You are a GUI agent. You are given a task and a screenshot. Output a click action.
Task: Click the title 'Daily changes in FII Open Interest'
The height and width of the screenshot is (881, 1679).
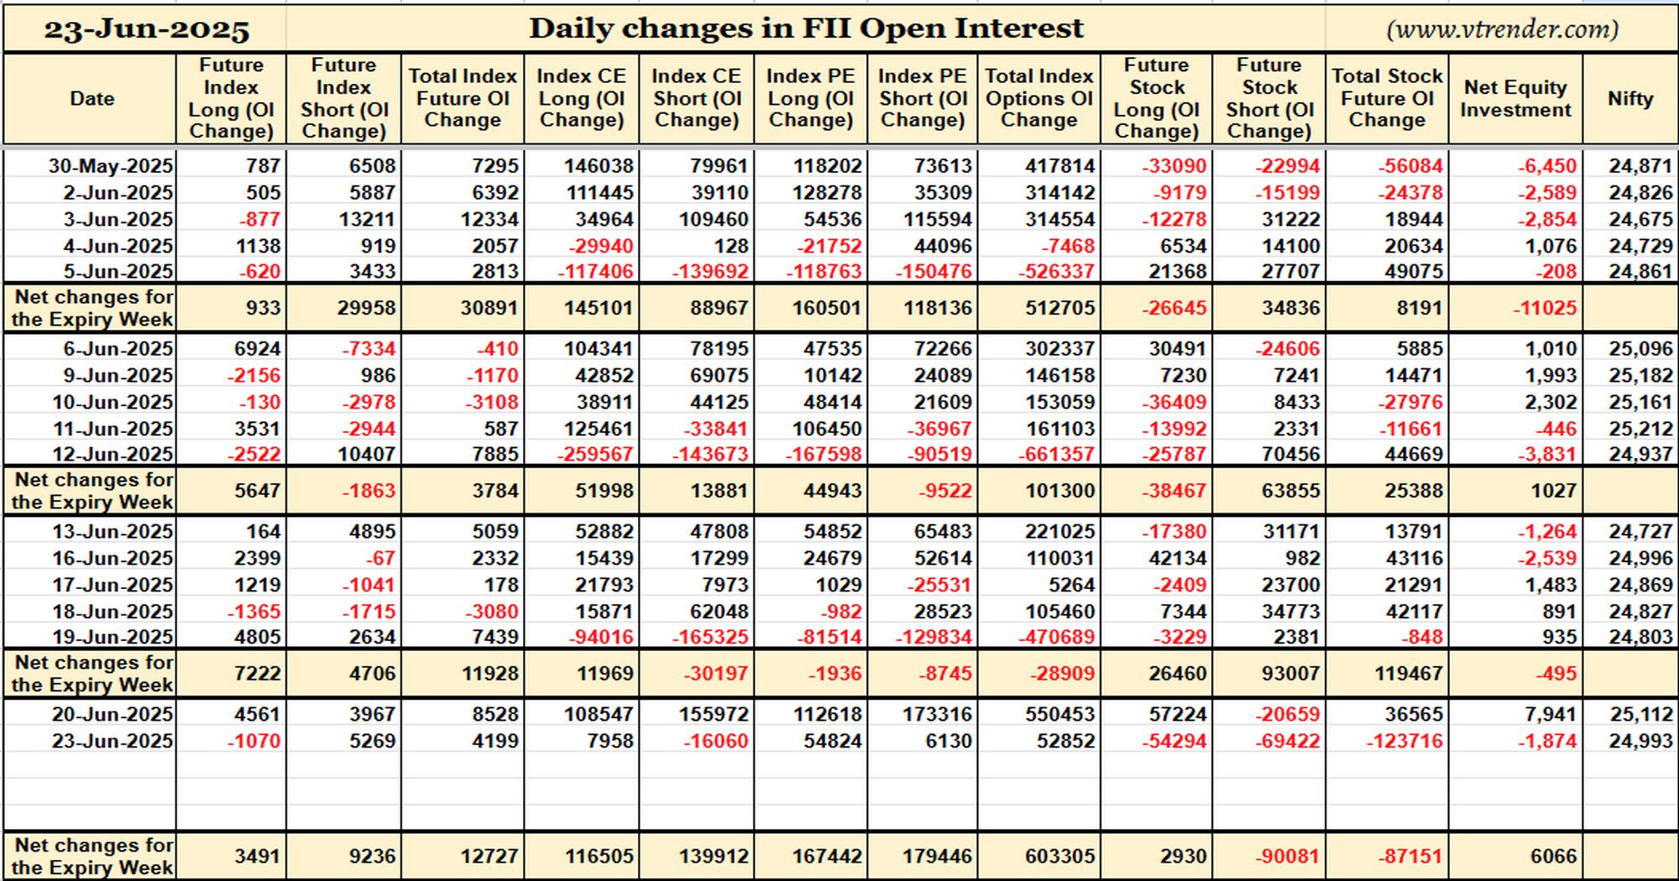(x=806, y=29)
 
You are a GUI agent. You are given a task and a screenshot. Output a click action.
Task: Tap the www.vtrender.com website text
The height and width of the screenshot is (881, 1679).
(x=1503, y=29)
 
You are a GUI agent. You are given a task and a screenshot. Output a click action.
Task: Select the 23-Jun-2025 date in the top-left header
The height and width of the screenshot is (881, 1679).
(x=147, y=30)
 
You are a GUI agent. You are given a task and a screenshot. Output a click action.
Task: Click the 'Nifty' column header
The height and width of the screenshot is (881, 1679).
(x=1630, y=98)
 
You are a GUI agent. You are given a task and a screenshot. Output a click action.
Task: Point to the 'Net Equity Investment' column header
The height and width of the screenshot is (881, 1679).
(x=1515, y=98)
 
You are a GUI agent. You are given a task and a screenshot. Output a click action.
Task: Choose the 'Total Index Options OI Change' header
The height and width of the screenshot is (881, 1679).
(x=1038, y=98)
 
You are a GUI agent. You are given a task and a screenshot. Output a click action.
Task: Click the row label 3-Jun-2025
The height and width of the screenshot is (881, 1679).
(x=118, y=219)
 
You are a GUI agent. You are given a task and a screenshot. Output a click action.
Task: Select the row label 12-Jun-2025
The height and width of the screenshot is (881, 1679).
(x=112, y=454)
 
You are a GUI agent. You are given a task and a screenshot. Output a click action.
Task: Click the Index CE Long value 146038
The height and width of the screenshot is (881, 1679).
(x=599, y=165)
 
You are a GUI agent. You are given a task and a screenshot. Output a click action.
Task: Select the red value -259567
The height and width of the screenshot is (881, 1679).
(x=595, y=454)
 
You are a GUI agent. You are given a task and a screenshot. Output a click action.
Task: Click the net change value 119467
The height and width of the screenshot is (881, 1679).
(x=1408, y=674)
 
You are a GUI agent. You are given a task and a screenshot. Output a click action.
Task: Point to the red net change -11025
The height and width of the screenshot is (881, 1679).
(x=1546, y=308)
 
